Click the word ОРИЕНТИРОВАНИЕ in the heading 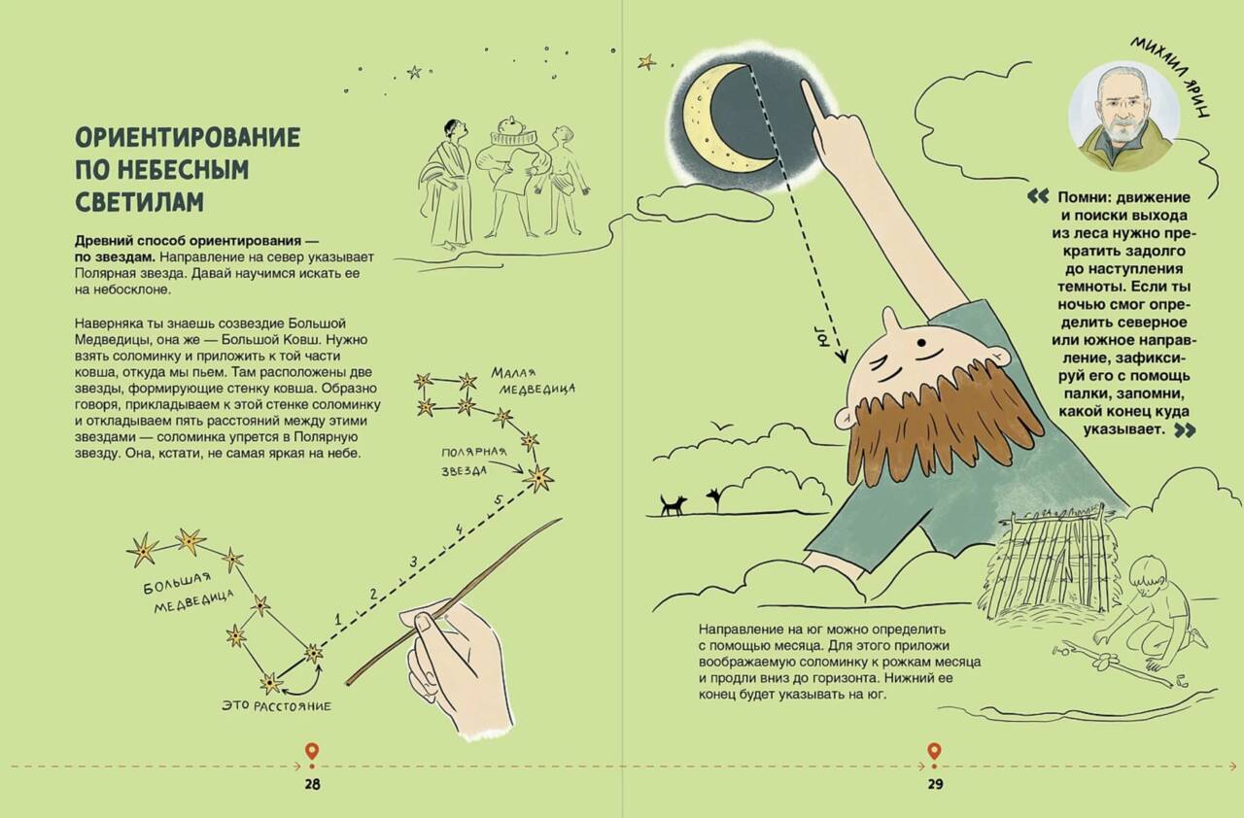pyautogui.click(x=188, y=137)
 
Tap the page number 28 pyautogui.click(x=313, y=785)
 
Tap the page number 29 pyautogui.click(x=935, y=785)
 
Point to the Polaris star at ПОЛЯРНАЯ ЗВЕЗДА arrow pyautogui.click(x=539, y=477)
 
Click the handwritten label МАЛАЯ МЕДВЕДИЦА pyautogui.click(x=532, y=381)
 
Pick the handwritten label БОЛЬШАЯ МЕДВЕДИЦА pyautogui.click(x=188, y=592)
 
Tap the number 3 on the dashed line pyautogui.click(x=413, y=562)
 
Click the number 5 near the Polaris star pyautogui.click(x=499, y=500)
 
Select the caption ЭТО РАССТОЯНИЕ pyautogui.click(x=276, y=706)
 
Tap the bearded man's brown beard pyautogui.click(x=939, y=427)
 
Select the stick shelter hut pyautogui.click(x=1051, y=561)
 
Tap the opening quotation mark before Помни pyautogui.click(x=1038, y=196)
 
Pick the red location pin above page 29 pyautogui.click(x=934, y=753)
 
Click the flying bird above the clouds pyautogui.click(x=721, y=426)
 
